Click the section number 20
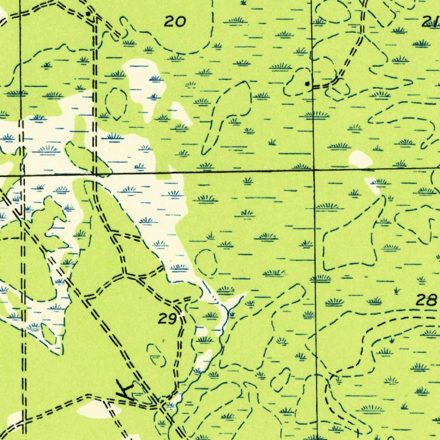175,21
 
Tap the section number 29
167,319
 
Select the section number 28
426,300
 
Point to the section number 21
430,22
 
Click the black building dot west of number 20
88,14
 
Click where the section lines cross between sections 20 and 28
314,170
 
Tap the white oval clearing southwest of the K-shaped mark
94,409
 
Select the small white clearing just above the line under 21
360,159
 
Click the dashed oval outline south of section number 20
116,104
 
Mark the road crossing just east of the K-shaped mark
161,404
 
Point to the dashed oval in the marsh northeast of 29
206,263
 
